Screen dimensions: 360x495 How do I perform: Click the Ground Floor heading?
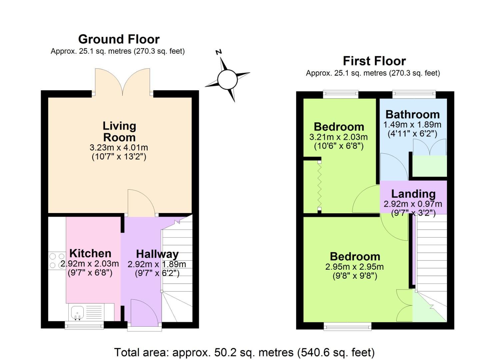[119, 39]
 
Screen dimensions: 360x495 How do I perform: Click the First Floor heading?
[374, 61]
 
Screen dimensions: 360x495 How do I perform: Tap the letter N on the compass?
[219, 52]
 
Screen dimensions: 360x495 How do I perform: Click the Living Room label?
[119, 131]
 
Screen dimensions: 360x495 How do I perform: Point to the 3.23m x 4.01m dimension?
[119, 147]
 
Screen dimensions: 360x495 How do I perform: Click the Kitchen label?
[90, 253]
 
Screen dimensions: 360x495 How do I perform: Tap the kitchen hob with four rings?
[57, 261]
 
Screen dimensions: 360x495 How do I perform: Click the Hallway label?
[157, 254]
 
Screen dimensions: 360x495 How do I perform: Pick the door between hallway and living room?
[141, 203]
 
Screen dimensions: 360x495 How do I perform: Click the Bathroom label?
[412, 114]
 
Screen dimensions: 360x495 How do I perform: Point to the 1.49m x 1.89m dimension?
[412, 125]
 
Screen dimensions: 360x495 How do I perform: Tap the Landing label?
[413, 194]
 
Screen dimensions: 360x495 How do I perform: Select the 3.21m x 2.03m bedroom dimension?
[338, 137]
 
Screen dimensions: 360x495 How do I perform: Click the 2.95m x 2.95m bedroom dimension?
[354, 267]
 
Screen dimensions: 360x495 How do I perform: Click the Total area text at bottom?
[244, 352]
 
